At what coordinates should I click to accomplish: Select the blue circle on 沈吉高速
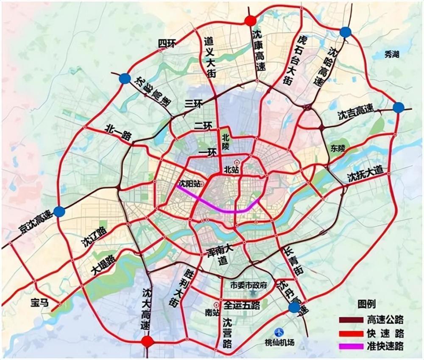(x=398, y=108)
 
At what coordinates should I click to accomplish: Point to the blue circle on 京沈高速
(x=60, y=212)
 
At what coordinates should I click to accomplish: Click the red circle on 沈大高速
(x=147, y=341)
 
